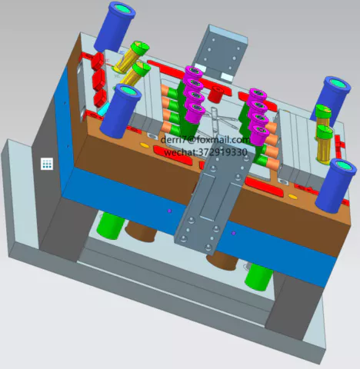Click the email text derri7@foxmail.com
tap(205, 140)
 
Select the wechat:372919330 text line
tap(205, 152)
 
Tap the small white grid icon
tap(47, 164)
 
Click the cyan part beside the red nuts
tap(102, 109)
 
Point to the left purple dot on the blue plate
tap(169, 211)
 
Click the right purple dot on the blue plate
tap(233, 233)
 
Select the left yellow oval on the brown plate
tap(145, 145)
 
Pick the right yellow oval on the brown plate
tap(292, 197)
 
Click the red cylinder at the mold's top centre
tap(215, 94)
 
